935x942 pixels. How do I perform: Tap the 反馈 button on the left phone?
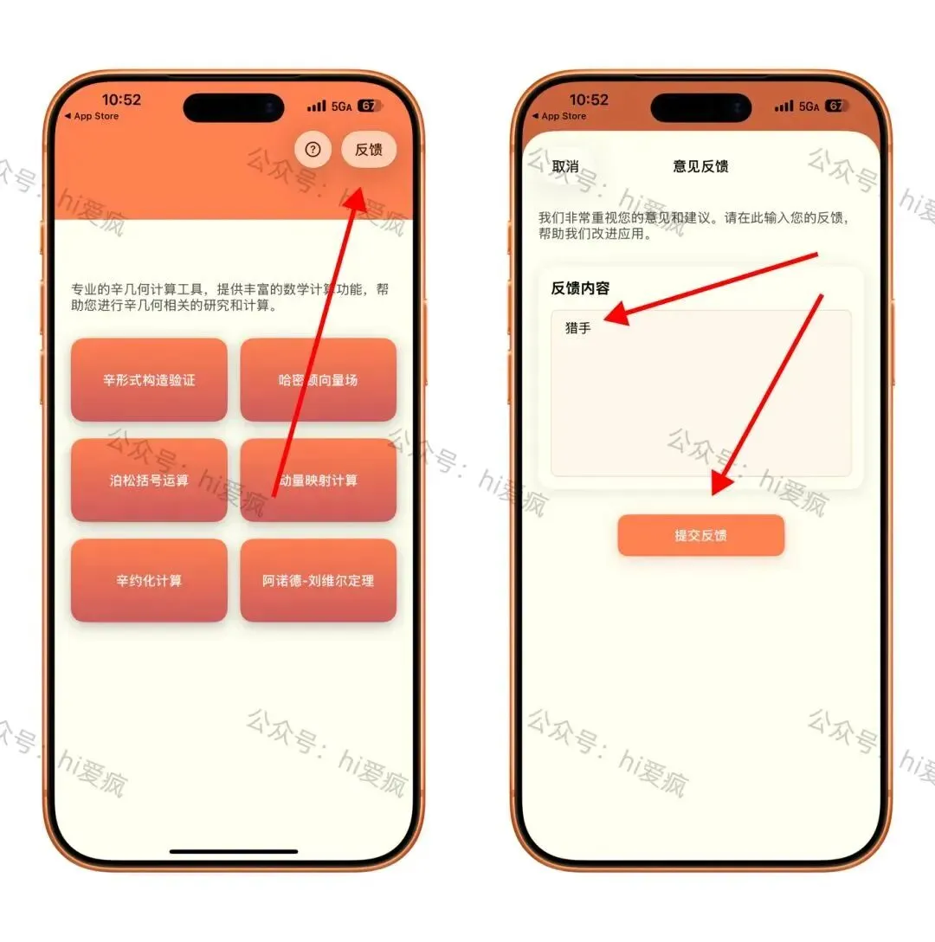(368, 149)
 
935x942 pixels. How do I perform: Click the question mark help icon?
(313, 149)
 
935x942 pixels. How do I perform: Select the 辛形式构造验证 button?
(149, 380)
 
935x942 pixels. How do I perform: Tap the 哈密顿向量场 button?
(319, 380)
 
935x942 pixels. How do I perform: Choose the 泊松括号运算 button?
(149, 480)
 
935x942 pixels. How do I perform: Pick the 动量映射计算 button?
(319, 480)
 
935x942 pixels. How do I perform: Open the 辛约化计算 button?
(149, 580)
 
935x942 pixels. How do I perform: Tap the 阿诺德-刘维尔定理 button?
(319, 580)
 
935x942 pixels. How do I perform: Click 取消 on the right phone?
(565, 166)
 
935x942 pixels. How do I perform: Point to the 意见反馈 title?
(700, 166)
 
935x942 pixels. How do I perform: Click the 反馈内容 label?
(580, 288)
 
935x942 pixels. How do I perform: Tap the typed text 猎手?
(578, 328)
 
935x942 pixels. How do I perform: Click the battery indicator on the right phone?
(835, 106)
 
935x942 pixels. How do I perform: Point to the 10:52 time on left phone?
(121, 100)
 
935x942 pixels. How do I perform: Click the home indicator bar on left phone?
(234, 851)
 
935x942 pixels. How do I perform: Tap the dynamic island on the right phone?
(701, 108)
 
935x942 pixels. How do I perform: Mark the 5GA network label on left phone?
(341, 106)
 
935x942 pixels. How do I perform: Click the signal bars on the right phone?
(784, 106)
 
